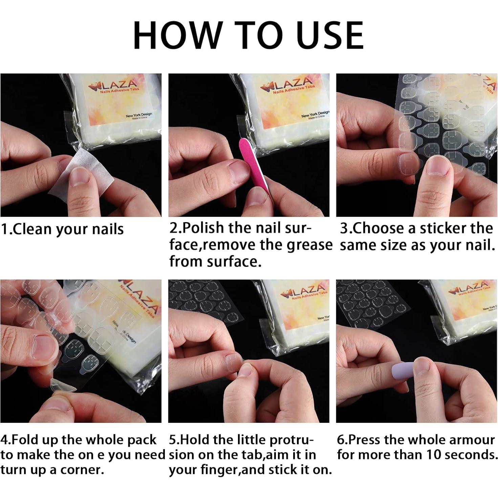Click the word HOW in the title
click(x=178, y=35)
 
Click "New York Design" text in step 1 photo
click(x=139, y=114)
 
